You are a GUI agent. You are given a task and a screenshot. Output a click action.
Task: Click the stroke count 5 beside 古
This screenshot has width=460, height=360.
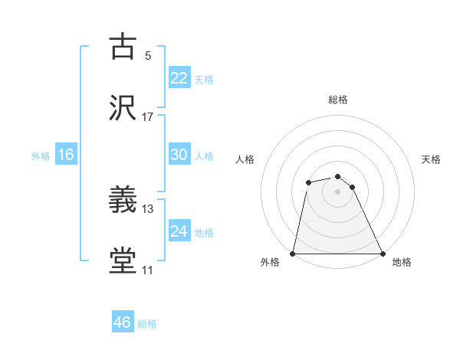pos(148,56)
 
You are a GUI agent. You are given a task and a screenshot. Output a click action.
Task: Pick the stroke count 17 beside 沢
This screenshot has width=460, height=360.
pos(148,116)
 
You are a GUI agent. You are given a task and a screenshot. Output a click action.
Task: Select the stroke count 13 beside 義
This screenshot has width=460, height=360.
pos(148,208)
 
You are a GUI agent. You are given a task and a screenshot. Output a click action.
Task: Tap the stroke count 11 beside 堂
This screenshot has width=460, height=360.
pos(148,269)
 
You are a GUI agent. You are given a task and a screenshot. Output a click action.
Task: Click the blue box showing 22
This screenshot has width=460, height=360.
pos(179,78)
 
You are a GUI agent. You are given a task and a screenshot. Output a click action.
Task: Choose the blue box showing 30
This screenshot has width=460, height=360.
pos(179,155)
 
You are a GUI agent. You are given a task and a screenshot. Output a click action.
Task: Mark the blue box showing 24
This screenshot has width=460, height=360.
pos(179,231)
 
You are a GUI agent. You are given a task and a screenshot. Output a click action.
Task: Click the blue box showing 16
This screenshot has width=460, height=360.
pos(66,155)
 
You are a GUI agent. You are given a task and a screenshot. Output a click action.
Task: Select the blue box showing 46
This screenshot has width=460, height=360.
pos(123,322)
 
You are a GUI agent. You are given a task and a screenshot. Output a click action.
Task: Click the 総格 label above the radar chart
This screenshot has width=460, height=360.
pos(338,100)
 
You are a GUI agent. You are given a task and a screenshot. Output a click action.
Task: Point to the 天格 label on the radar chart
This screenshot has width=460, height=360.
pos(432,159)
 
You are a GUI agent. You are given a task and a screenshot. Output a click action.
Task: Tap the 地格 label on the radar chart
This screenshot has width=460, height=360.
pos(402,263)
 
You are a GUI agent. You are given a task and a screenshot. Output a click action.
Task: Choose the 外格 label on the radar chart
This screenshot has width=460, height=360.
pos(270,263)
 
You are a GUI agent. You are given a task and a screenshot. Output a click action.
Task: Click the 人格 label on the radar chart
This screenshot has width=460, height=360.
pos(245,159)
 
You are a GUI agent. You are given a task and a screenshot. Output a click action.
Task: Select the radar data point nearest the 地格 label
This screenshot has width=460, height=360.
pos(382,253)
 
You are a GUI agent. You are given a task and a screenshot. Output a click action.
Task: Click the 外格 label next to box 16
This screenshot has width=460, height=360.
pos(41,155)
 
